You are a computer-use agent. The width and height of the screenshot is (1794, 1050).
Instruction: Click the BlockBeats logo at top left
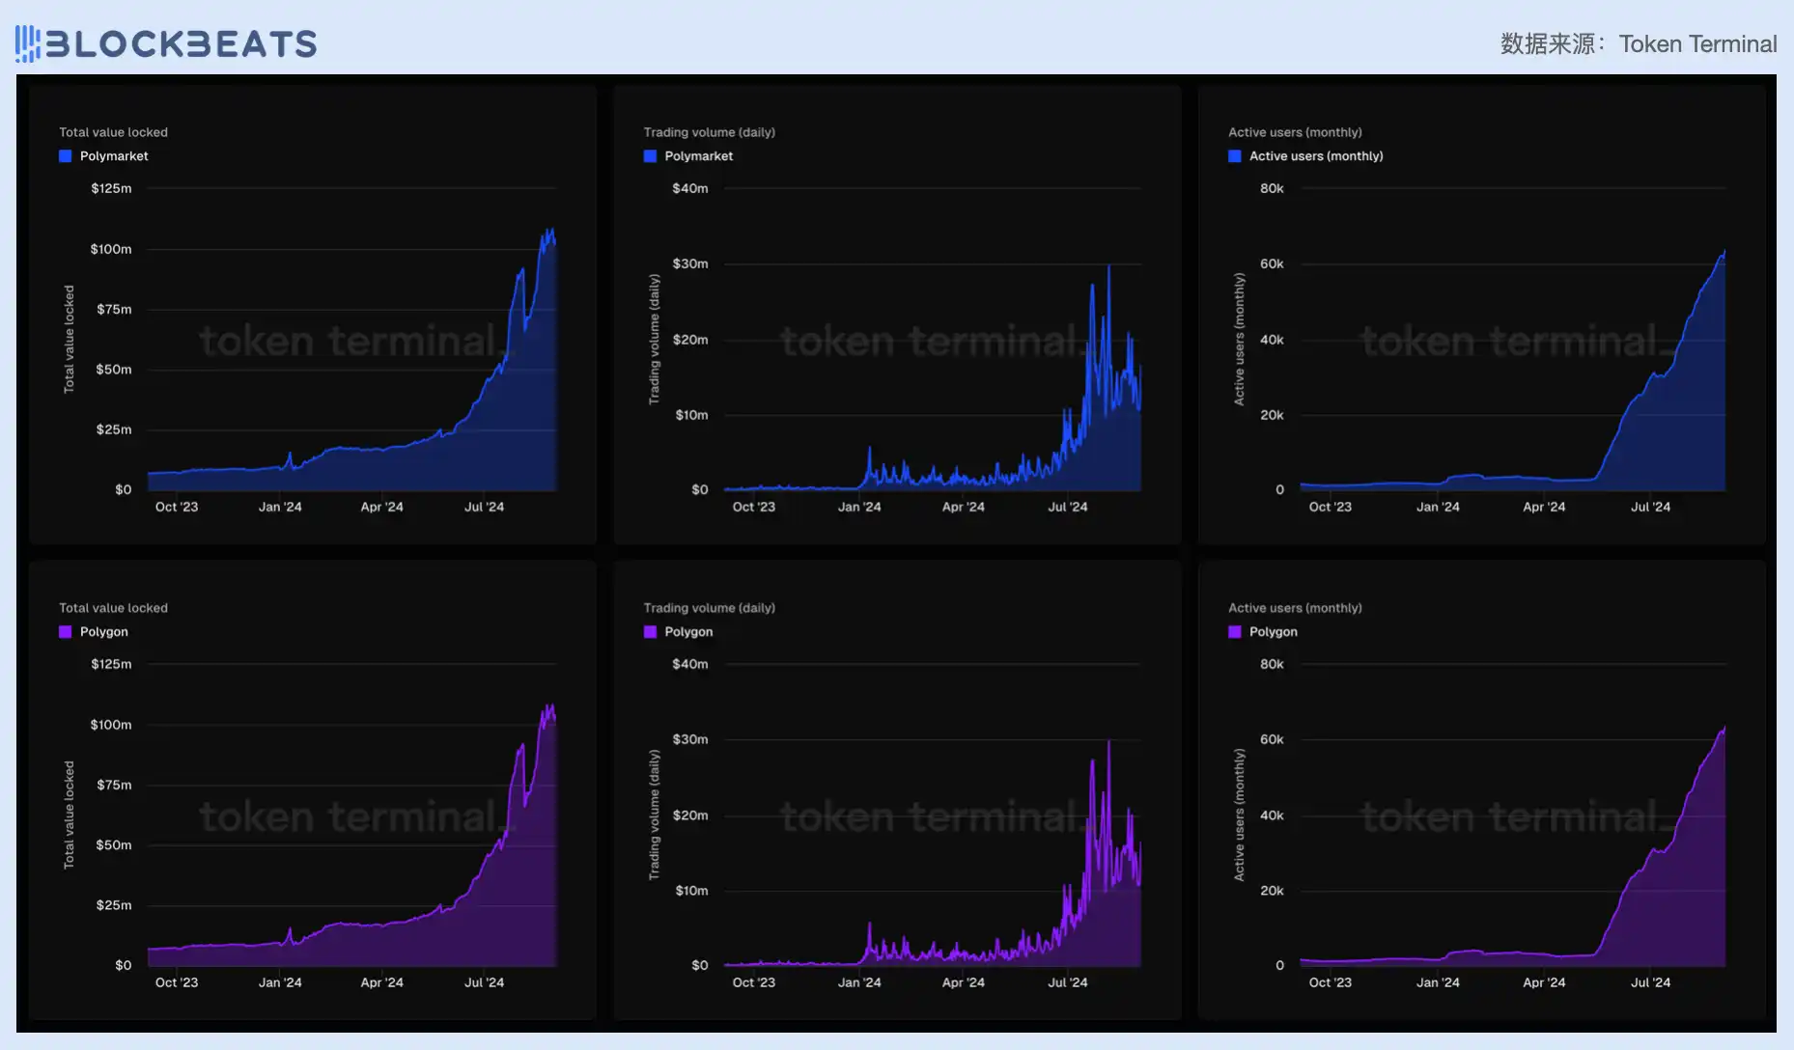tap(166, 43)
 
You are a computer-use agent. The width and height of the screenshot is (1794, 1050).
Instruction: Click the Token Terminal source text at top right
tap(1696, 44)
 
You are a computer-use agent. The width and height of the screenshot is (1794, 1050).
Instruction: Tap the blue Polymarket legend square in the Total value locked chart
tap(66, 156)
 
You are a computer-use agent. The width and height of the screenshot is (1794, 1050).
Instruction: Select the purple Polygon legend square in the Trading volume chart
tap(650, 632)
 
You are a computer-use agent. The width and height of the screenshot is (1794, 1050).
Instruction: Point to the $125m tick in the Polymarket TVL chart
tap(111, 189)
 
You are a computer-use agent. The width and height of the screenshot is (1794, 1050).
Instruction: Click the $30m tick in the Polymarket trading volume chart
tap(690, 263)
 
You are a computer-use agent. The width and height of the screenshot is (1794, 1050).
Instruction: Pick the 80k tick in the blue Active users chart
tap(1272, 189)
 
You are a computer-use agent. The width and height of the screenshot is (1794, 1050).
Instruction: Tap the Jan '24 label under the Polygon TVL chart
tap(280, 982)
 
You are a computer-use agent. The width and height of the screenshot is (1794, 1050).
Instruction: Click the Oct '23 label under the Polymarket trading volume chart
tap(753, 507)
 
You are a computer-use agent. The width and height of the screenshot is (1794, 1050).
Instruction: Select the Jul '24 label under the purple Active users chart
tap(1650, 982)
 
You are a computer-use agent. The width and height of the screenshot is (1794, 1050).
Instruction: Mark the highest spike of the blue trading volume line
tap(1108, 266)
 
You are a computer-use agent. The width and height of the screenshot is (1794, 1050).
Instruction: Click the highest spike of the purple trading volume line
tap(1108, 742)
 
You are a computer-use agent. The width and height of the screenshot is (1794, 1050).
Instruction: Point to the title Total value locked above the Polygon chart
tap(113, 608)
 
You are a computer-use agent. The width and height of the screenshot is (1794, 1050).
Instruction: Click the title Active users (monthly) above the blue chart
tap(1295, 132)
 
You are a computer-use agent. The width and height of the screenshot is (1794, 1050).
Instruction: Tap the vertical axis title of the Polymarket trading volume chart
tap(655, 339)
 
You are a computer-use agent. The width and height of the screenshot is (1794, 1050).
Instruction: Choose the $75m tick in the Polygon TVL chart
tap(114, 786)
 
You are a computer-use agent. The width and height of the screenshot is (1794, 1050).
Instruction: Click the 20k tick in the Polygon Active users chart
tap(1272, 891)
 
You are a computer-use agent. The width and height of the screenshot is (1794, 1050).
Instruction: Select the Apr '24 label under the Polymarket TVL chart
tap(381, 507)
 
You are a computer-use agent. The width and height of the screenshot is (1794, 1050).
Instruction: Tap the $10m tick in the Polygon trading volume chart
tap(691, 891)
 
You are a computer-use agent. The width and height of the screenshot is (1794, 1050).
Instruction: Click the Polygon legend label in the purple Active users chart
tap(1273, 632)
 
